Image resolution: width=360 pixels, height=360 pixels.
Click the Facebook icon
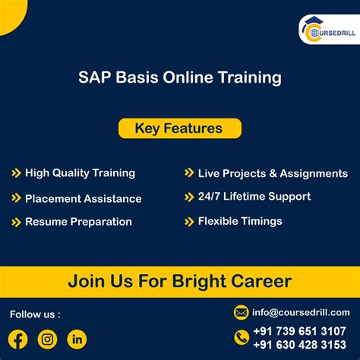tap(17, 339)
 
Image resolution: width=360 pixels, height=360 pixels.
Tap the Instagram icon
tap(47, 339)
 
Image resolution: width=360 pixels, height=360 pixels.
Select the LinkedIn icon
tap(77, 339)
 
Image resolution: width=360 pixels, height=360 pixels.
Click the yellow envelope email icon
tap(241, 313)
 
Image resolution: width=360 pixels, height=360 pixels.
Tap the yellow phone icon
tap(242, 337)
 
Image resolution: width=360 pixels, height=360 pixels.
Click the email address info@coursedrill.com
tap(301, 313)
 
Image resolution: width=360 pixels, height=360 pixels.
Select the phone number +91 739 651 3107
tap(299, 331)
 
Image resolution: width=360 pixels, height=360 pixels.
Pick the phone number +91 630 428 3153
tap(299, 345)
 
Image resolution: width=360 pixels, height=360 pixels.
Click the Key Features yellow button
tap(180, 128)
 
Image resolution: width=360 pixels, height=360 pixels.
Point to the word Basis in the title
tap(137, 77)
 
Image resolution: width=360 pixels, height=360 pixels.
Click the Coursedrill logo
tap(330, 30)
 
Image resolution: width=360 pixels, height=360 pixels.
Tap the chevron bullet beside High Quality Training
tap(16, 173)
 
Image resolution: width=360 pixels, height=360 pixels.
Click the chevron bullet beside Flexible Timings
tap(189, 222)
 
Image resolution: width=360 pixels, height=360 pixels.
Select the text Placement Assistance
tap(84, 199)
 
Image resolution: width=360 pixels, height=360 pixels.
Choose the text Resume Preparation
tap(78, 222)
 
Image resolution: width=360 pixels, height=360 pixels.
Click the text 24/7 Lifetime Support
tap(254, 197)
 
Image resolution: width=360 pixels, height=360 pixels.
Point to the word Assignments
tap(314, 174)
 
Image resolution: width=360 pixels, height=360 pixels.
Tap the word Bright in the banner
tap(198, 282)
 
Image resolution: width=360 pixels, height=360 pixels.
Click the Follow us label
tap(35, 314)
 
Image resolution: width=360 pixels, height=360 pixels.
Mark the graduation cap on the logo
tap(314, 21)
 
